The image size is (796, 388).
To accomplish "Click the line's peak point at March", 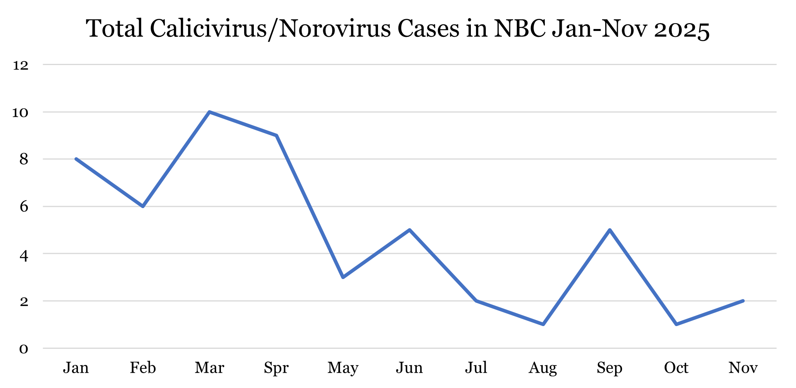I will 210,112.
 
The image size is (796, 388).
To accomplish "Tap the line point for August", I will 543,324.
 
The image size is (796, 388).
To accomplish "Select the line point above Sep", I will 610,230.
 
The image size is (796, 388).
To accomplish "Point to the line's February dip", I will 143,206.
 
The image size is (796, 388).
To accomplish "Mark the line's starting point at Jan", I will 76,159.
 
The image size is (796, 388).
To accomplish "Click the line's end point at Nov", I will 743,301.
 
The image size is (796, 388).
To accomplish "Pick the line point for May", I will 343,277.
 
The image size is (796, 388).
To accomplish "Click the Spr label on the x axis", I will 276,368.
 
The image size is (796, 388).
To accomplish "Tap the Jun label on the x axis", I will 409,368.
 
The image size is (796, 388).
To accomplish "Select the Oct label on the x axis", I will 676,368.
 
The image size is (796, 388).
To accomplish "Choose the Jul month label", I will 476,368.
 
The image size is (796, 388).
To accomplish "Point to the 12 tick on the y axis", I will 21,65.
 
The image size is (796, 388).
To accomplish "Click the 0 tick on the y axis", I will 24,348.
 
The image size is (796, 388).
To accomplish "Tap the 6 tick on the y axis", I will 24,207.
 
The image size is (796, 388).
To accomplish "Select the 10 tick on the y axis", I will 21,112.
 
